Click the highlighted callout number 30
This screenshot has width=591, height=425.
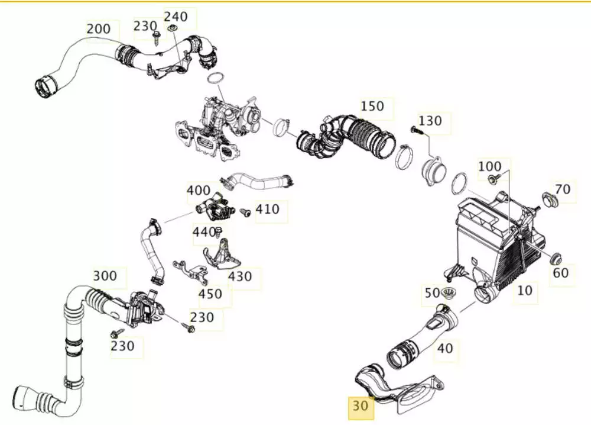click(x=360, y=406)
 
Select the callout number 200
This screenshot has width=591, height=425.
click(x=98, y=28)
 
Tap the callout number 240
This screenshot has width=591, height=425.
click(x=175, y=16)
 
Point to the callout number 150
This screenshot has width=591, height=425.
click(x=372, y=106)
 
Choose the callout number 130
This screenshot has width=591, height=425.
click(x=430, y=121)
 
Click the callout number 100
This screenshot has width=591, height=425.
click(x=489, y=166)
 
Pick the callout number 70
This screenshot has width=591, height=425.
click(x=563, y=189)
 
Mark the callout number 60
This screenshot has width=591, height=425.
click(x=560, y=273)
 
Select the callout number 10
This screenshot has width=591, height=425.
click(x=525, y=290)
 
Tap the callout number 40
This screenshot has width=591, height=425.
click(x=444, y=348)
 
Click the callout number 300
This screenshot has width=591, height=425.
click(x=105, y=276)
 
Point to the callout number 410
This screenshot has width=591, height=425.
click(x=267, y=210)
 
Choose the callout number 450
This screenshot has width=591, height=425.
click(x=210, y=294)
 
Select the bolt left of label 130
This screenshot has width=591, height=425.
click(x=415, y=130)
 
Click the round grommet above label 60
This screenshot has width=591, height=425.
click(x=556, y=259)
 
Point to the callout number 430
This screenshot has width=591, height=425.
click(x=240, y=276)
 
